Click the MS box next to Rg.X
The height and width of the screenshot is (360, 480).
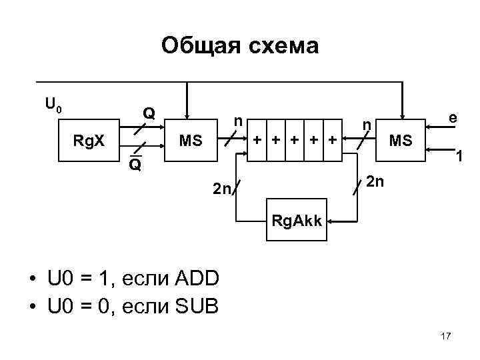(x=191, y=141)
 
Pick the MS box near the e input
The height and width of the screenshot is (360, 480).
(x=401, y=141)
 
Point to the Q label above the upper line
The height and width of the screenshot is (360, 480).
(x=151, y=113)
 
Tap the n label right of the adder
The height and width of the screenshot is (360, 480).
(x=365, y=125)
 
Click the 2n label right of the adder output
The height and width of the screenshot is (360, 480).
(x=375, y=181)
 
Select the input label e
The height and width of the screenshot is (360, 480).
(x=453, y=118)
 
